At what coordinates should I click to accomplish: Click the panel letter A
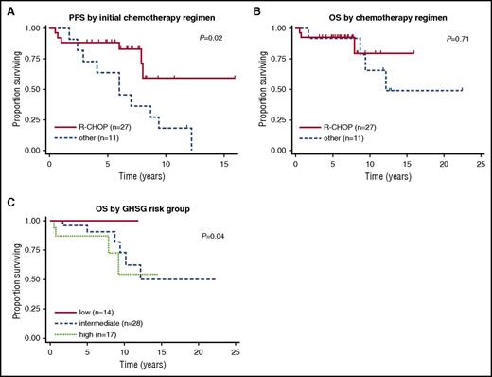(x=6, y=8)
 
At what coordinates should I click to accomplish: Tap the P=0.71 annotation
(x=458, y=39)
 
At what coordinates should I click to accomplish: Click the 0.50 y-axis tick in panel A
(x=33, y=89)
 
